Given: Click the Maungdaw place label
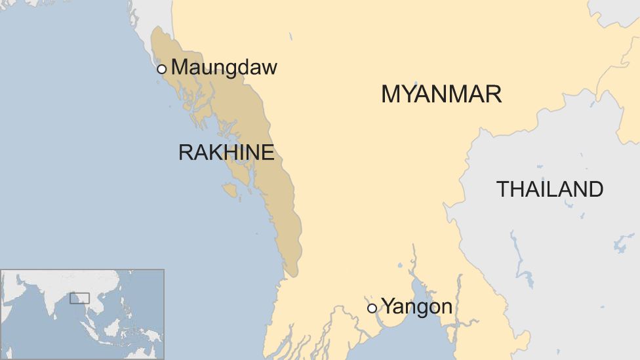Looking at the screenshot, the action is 224,68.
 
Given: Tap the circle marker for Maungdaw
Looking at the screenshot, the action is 162,69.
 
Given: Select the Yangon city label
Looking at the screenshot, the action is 416,306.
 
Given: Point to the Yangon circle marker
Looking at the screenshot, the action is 372,308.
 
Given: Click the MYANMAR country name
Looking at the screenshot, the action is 441,94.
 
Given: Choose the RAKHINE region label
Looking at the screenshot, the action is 226,153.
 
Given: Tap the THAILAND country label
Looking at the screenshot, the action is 550,190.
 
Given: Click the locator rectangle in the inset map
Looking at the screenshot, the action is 79,298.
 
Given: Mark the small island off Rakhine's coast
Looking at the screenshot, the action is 230,190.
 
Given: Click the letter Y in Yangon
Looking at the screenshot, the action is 388,306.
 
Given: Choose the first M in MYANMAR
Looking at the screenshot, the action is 391,94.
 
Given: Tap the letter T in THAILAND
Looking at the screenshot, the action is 503,190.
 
